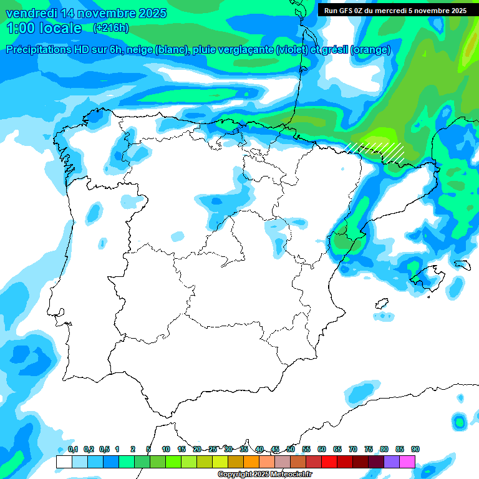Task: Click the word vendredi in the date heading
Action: (x=32, y=12)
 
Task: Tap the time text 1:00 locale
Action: (x=44, y=28)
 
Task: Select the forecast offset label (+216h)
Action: (x=110, y=28)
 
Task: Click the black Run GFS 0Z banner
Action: (x=395, y=10)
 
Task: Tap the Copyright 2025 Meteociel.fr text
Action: (x=264, y=475)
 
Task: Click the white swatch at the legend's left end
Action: (x=64, y=462)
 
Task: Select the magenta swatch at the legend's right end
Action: (x=407, y=462)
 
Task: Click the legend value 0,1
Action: (x=73, y=450)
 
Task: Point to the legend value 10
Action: (x=166, y=450)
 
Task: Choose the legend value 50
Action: (x=291, y=450)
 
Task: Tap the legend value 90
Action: (x=415, y=450)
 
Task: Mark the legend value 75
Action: (x=369, y=450)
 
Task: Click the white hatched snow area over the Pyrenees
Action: (x=378, y=150)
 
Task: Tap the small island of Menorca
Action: (x=462, y=264)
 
